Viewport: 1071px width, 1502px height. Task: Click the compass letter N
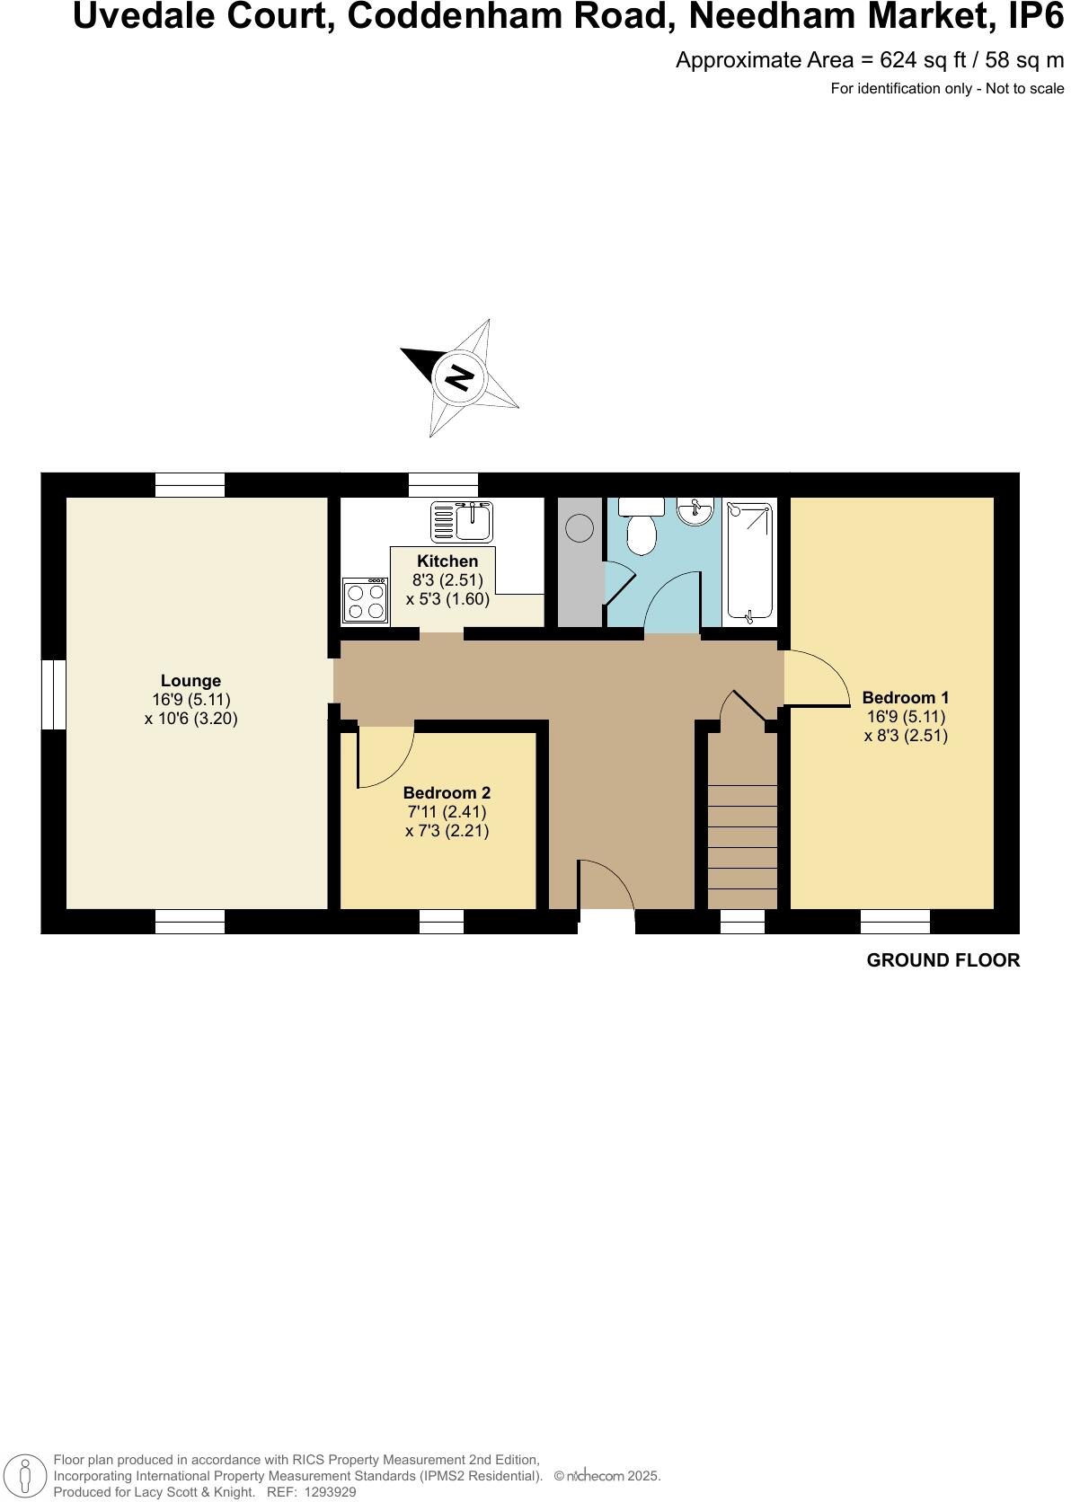(459, 377)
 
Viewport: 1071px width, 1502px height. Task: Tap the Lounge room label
(190, 681)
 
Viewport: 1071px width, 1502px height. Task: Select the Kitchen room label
(447, 561)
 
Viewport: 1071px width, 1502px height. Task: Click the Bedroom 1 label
(905, 697)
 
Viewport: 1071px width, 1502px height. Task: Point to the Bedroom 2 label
(447, 793)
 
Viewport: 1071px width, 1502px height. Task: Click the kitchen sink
(462, 521)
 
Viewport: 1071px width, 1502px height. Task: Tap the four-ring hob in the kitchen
(365, 601)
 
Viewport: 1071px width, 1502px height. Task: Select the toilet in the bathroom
(641, 531)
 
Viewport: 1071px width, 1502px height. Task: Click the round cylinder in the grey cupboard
(580, 528)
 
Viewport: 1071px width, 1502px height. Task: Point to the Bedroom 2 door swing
(385, 755)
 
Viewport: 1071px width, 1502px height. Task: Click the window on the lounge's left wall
(54, 694)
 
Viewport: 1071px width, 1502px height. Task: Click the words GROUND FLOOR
(943, 960)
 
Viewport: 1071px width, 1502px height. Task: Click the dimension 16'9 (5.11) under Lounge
(190, 700)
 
